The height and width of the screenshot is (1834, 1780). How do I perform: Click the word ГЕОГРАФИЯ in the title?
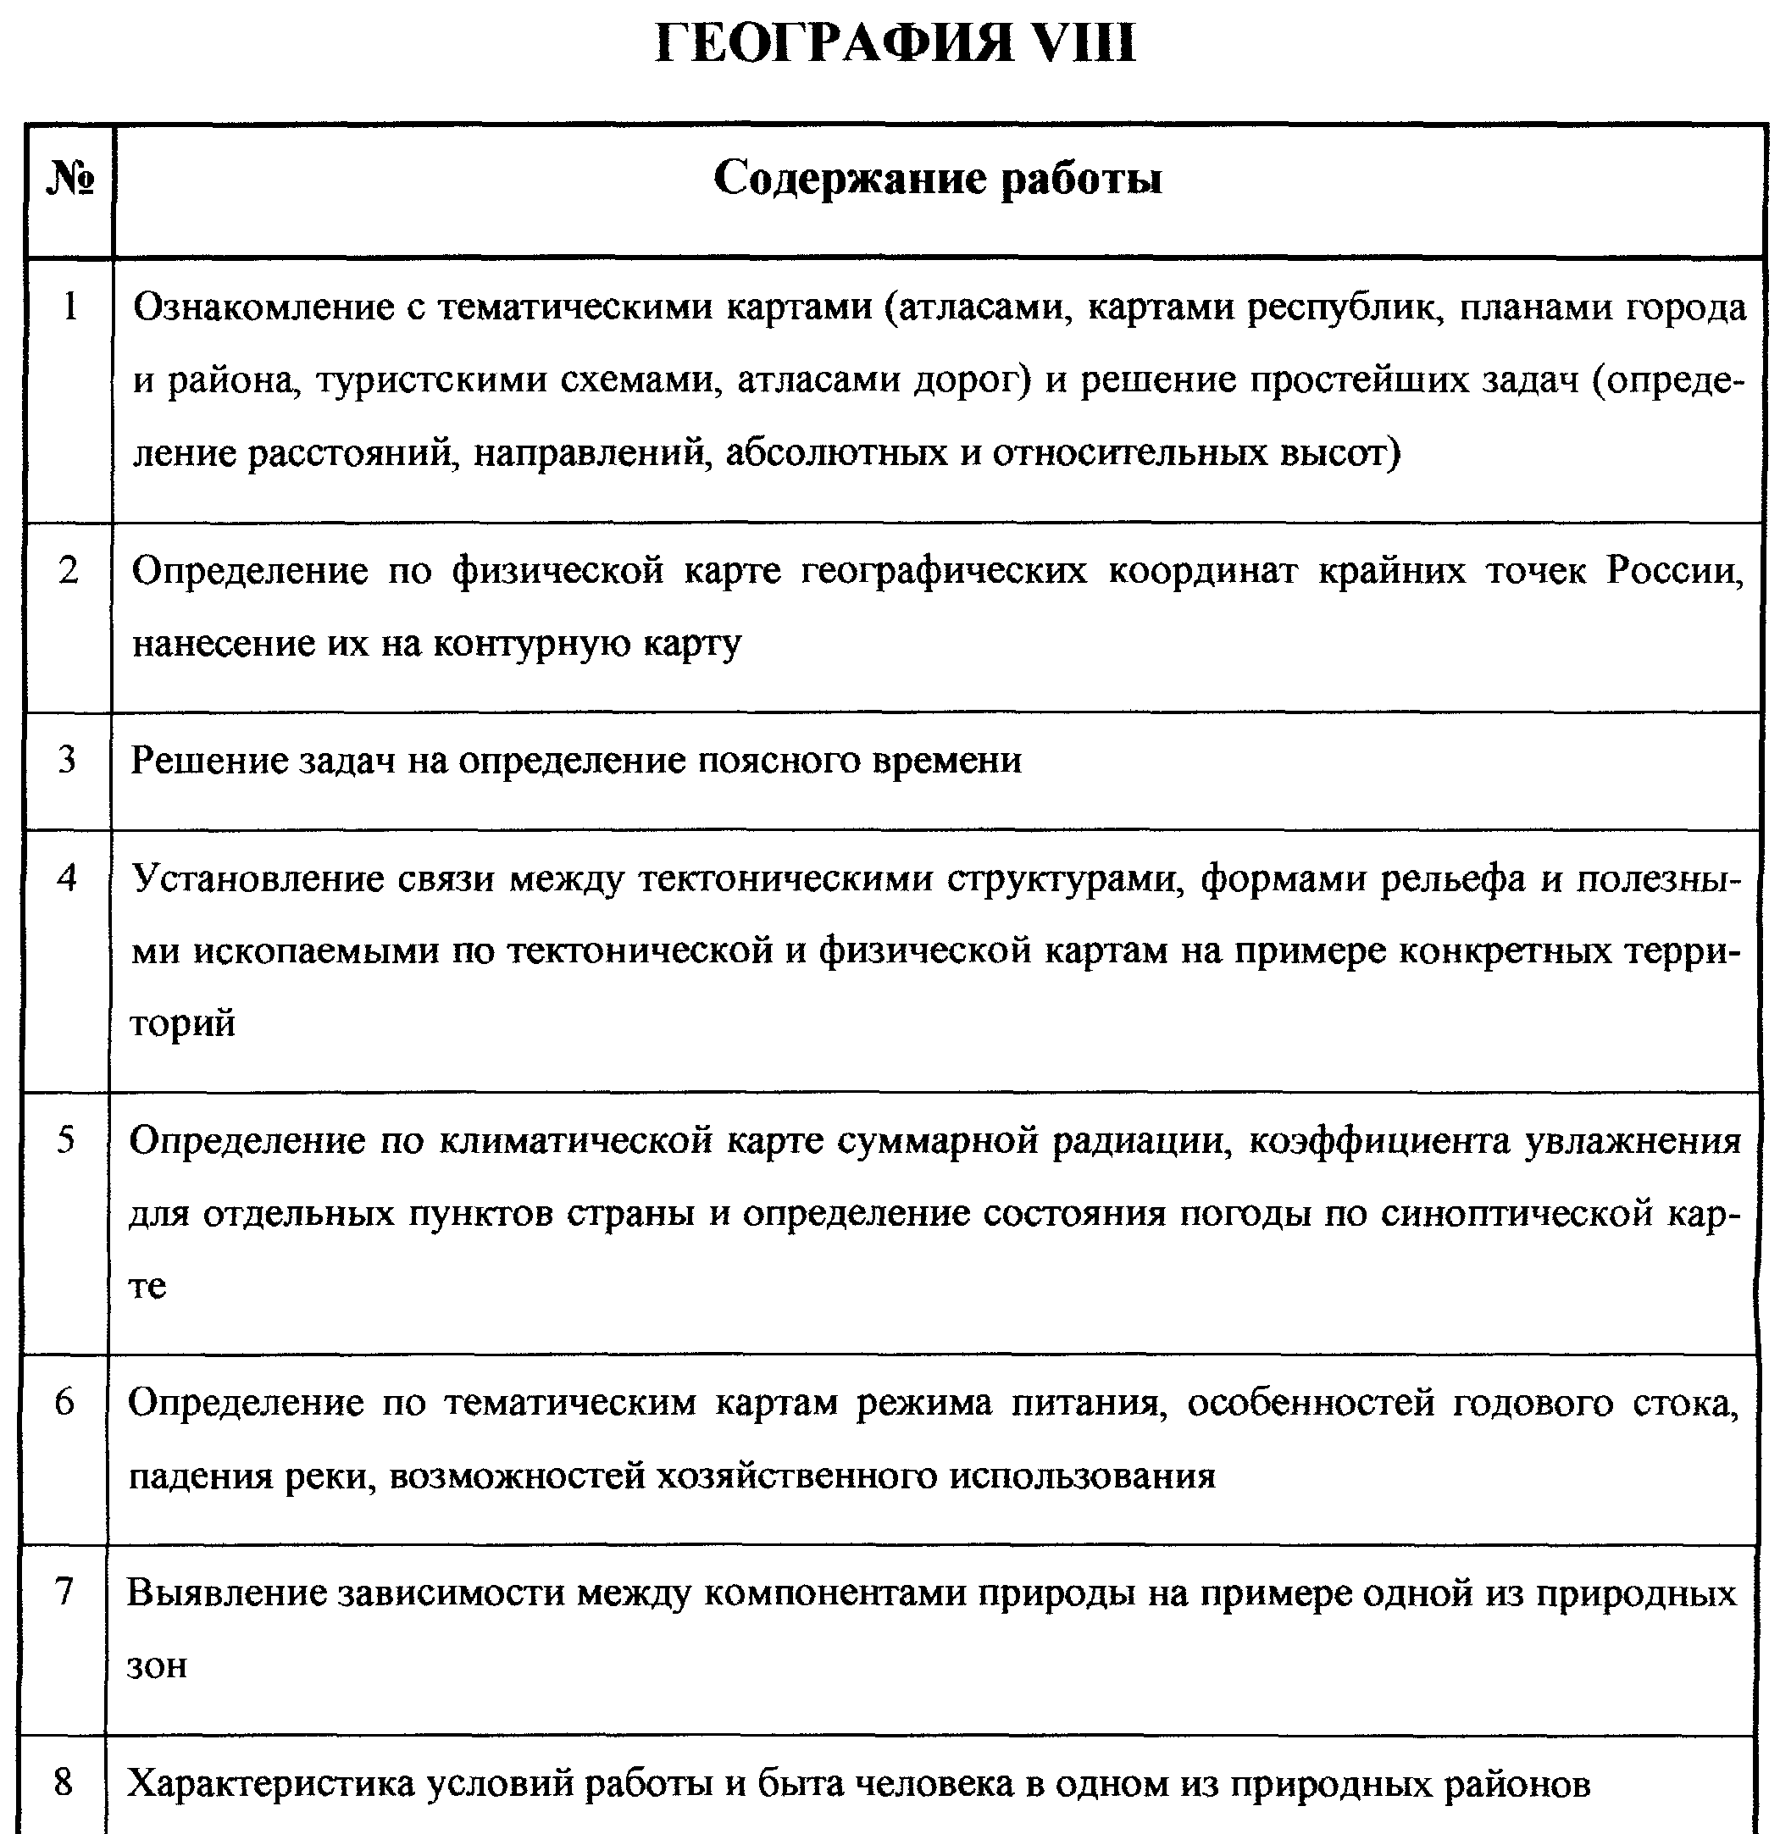point(833,45)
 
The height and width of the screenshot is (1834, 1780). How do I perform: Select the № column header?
point(70,178)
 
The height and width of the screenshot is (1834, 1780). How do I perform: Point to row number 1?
point(69,307)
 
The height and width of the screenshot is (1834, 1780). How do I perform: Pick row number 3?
point(66,760)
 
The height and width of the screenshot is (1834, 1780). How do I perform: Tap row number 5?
point(65,1139)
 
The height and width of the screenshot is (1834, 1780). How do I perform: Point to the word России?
point(1675,570)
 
